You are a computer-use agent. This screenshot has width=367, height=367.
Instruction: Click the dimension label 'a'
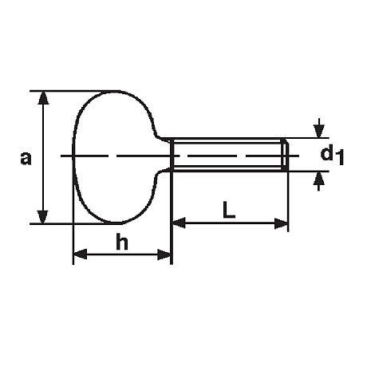pos(26,158)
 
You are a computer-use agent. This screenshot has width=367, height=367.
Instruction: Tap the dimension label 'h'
pos(122,243)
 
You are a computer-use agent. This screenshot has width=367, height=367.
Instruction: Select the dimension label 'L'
pos(229,210)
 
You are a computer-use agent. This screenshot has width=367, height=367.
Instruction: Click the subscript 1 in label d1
pos(340,158)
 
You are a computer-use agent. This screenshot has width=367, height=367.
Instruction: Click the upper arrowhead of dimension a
pos(43,97)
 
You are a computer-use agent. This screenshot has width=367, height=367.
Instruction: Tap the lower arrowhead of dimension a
pos(43,217)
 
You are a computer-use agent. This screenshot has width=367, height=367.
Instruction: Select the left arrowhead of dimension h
pos(80,255)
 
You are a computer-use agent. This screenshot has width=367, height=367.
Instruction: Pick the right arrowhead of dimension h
pos(164,255)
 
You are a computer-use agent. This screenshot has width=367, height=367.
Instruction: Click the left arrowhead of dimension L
pos(179,223)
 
